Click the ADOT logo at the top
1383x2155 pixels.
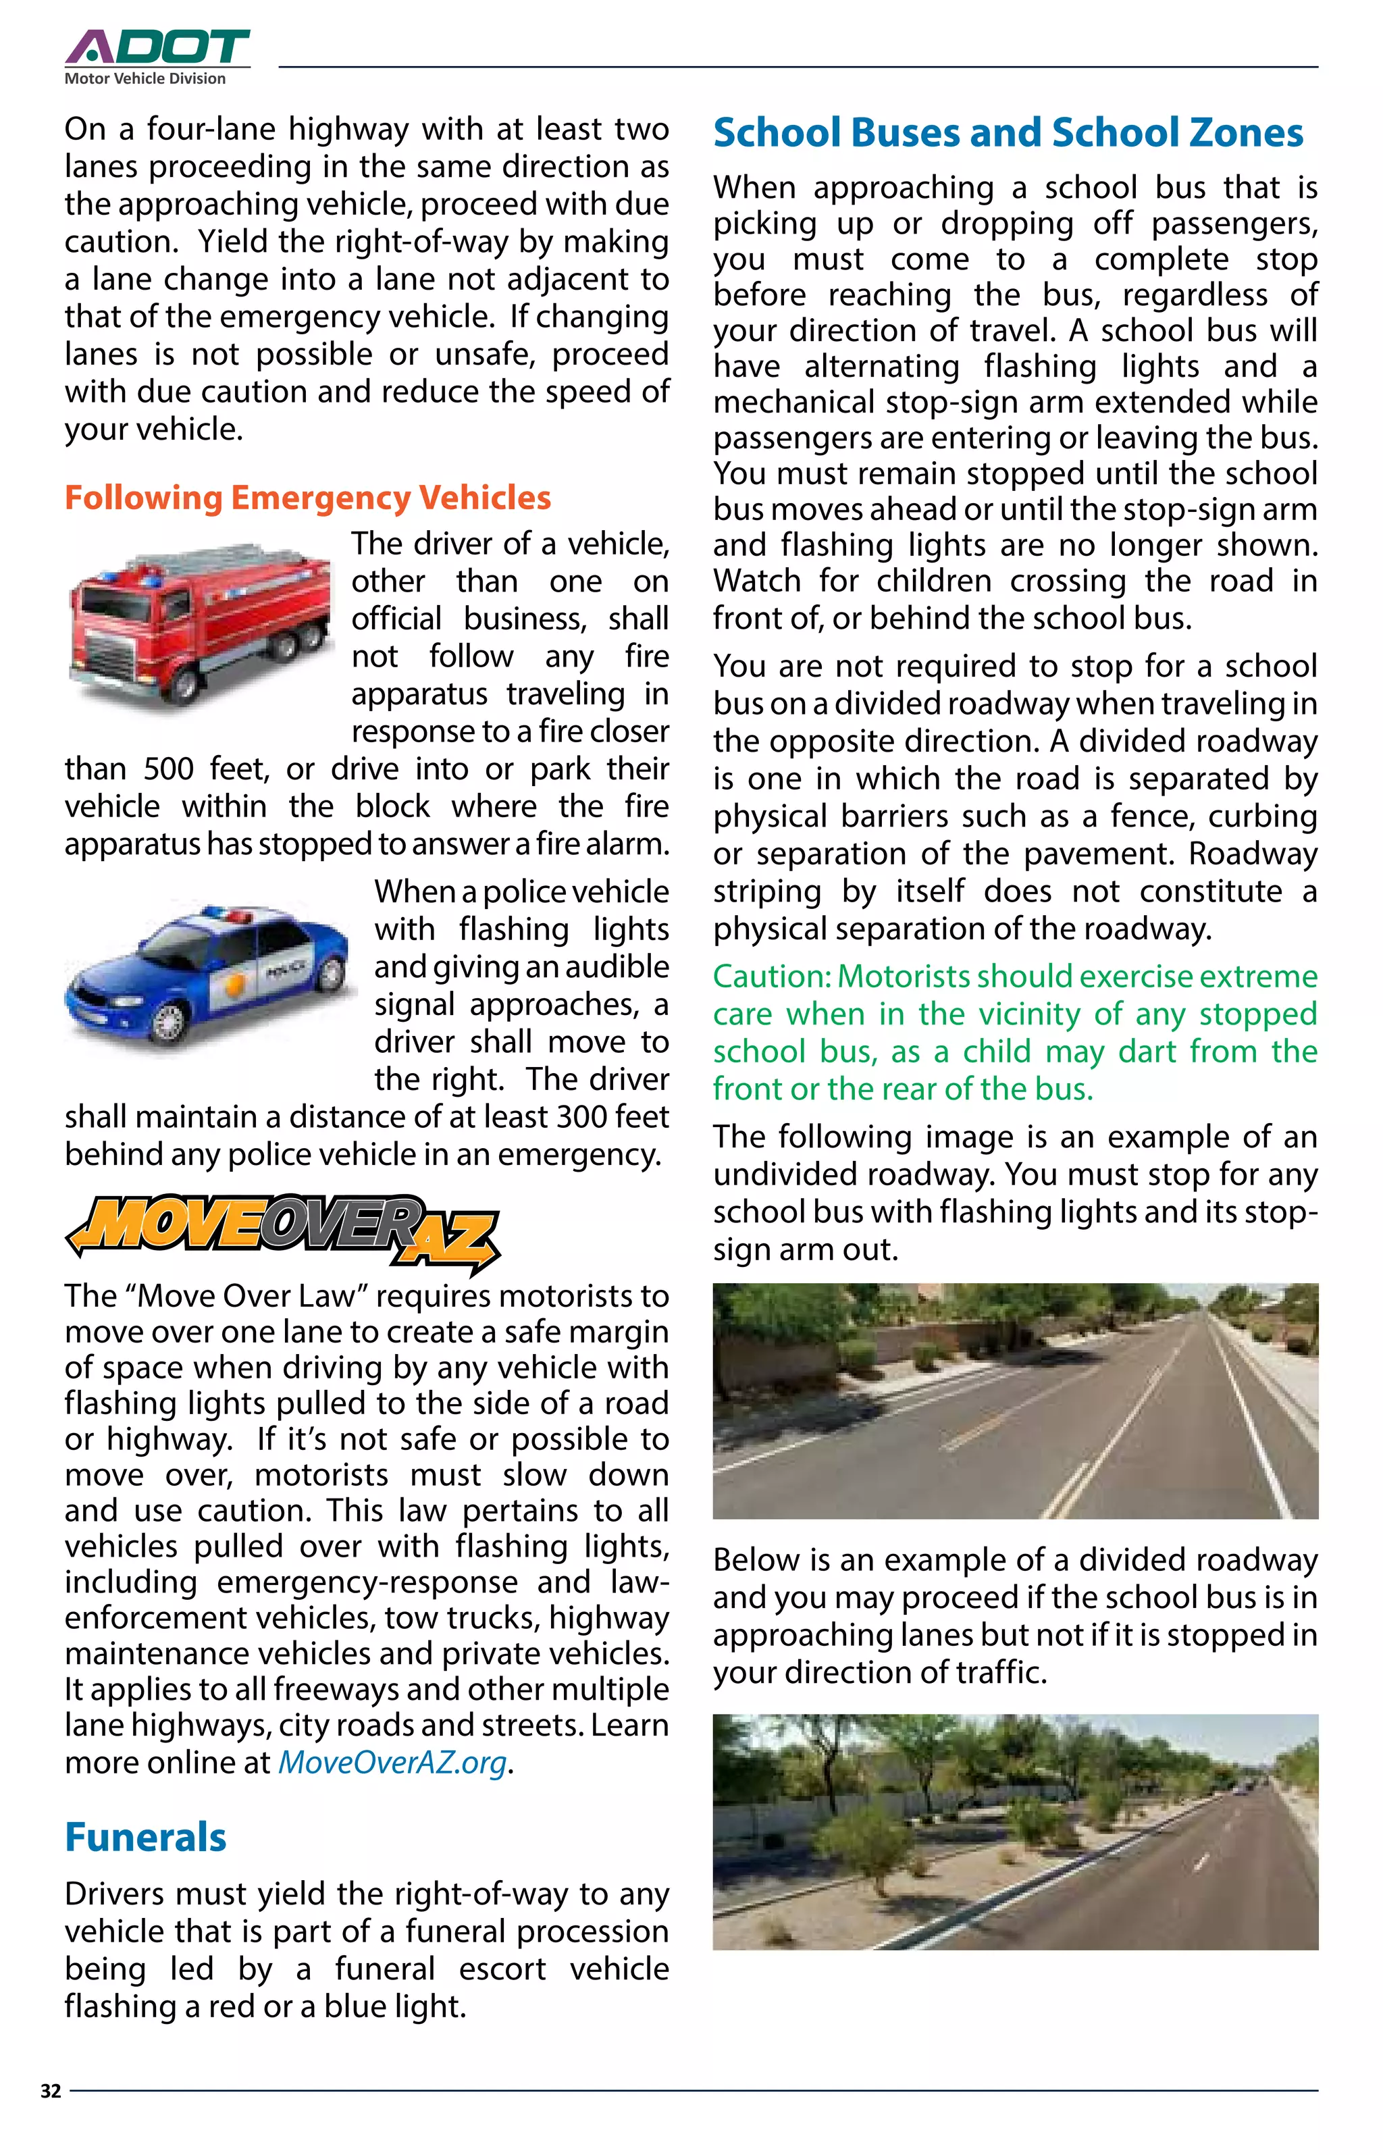[x=157, y=47]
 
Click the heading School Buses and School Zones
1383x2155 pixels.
[x=1008, y=133]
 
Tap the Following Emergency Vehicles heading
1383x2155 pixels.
[x=307, y=498]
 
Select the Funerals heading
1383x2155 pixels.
[x=145, y=1836]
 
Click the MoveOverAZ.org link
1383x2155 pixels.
[x=392, y=1762]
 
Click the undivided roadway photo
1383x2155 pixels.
[x=1015, y=1401]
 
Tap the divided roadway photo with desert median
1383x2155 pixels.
[x=1015, y=1832]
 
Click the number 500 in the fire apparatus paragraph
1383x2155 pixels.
[x=169, y=769]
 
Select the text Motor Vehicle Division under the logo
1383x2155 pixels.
[x=145, y=79]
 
